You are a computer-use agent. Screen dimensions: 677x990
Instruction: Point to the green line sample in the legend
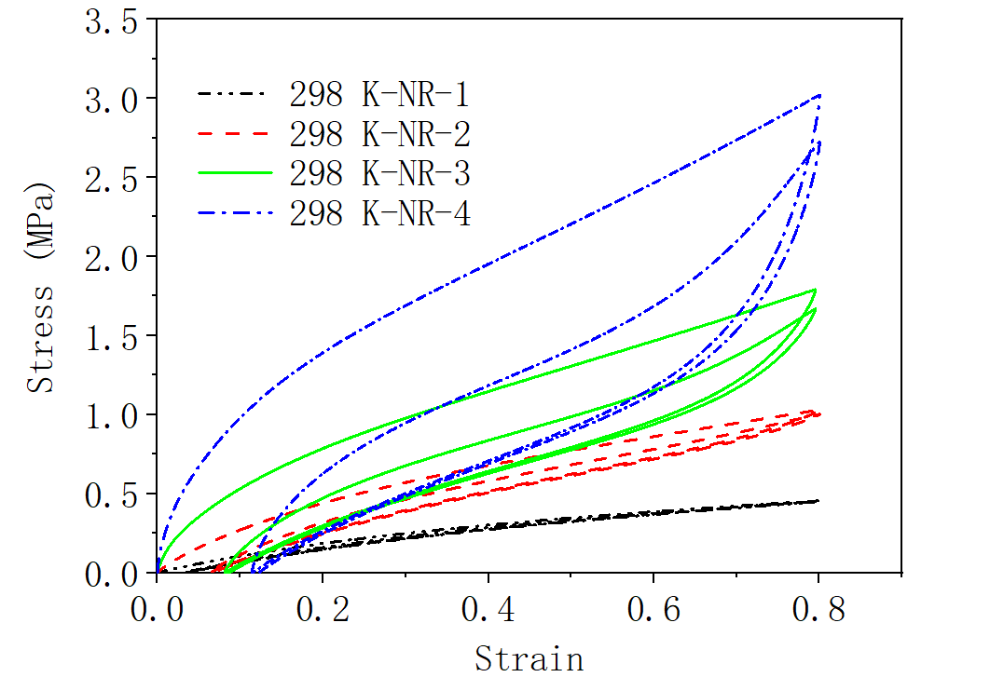coord(234,174)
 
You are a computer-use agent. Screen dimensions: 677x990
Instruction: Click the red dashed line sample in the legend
coord(234,134)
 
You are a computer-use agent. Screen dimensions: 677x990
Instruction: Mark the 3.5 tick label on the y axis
coord(110,20)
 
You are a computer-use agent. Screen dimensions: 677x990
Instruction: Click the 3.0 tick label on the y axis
coord(110,99)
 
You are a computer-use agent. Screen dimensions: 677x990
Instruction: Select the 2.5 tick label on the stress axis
coord(110,178)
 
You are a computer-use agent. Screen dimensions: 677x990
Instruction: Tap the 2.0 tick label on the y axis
coord(110,257)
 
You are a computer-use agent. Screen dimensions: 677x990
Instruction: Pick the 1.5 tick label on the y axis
coord(110,336)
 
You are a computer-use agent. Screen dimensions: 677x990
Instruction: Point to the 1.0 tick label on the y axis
coord(110,415)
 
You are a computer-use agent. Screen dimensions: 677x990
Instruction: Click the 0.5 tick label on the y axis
coord(110,494)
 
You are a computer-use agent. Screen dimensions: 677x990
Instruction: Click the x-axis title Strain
coord(529,657)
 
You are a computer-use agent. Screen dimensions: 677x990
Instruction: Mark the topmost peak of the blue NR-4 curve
coord(819,95)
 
